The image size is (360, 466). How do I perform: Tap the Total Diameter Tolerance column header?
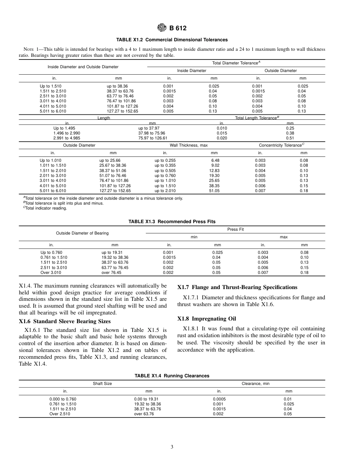[236, 63]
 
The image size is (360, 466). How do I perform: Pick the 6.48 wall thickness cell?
[215, 161]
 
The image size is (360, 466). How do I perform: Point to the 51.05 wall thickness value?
[214, 191]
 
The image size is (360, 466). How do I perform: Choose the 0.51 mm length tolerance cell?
[290, 138]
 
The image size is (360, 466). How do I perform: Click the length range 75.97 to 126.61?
[153, 138]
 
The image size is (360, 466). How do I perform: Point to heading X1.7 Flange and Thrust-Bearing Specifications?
[237, 287]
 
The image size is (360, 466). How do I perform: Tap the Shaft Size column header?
[102, 383]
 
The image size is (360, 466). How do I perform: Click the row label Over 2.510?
[60, 414]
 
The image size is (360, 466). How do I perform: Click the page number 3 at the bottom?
[172, 447]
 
